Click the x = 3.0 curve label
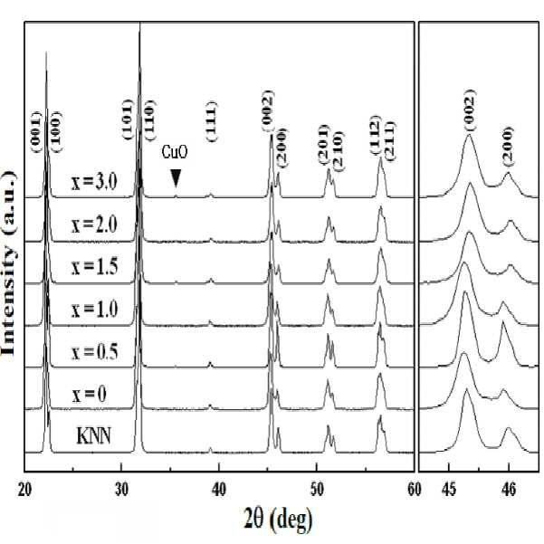click(94, 182)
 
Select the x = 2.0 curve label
click(94, 224)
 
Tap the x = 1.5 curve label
click(94, 267)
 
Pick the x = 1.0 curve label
click(94, 309)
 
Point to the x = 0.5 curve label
click(94, 351)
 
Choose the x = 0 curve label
click(90, 395)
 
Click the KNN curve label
click(93, 435)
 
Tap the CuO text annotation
click(175, 152)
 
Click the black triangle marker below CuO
click(176, 178)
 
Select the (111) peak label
click(211, 121)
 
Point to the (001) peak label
click(36, 132)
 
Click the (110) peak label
click(149, 120)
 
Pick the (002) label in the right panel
click(469, 110)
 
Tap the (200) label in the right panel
click(508, 147)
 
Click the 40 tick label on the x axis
click(218, 490)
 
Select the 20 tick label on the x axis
click(24, 490)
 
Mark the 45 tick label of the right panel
click(449, 490)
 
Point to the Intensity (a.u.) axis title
click(9, 263)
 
